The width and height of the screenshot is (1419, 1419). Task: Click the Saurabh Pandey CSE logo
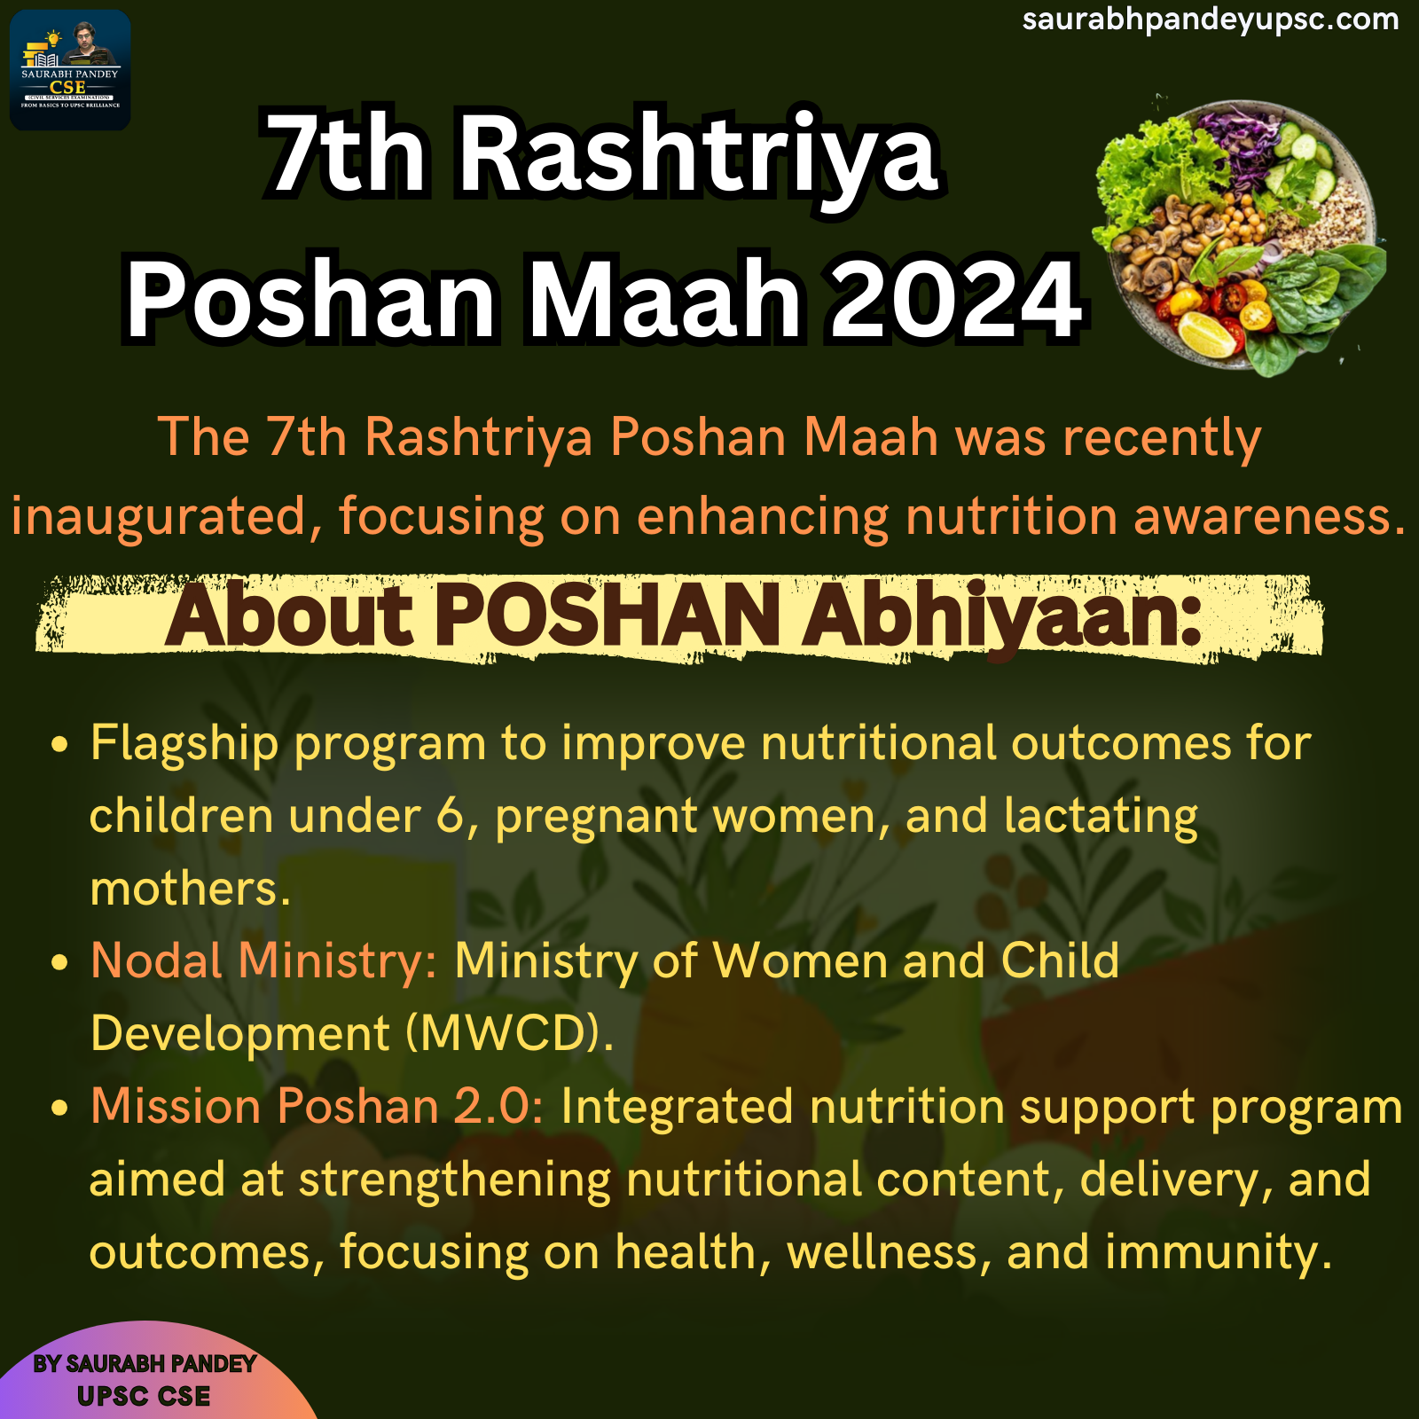click(x=70, y=70)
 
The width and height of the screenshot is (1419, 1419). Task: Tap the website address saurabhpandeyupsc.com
click(x=1211, y=20)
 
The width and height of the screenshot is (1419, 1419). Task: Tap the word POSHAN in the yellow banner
click(x=608, y=615)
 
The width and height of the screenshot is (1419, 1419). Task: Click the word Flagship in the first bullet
click(x=184, y=744)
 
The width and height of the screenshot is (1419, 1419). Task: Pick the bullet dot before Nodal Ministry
click(x=60, y=962)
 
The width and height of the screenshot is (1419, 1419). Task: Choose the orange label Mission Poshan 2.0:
click(x=318, y=1107)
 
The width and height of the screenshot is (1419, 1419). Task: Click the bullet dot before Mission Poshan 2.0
click(x=60, y=1108)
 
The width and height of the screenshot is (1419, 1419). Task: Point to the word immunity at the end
click(x=1219, y=1253)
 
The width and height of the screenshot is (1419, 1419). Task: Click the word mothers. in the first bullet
click(x=191, y=889)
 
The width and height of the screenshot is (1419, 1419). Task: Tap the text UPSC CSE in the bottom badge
click(x=144, y=1396)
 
